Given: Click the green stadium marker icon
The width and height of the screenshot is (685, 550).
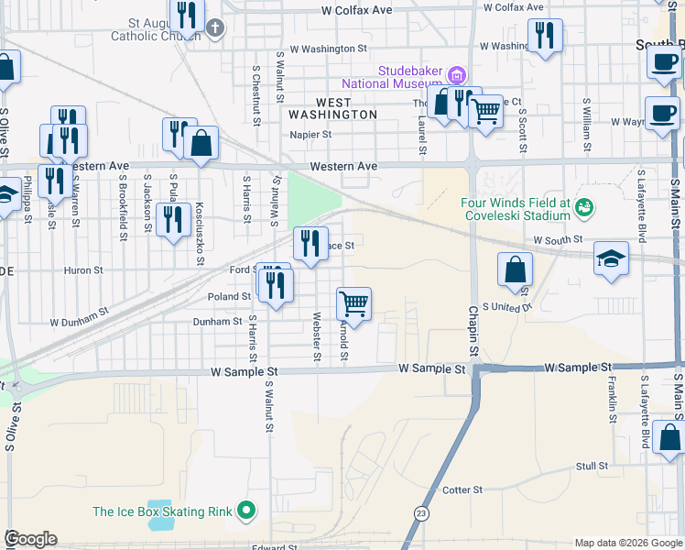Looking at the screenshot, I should tap(582, 209).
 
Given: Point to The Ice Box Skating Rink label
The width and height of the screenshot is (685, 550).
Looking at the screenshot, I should tap(163, 511).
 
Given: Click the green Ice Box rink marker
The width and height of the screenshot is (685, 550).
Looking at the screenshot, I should tap(245, 511).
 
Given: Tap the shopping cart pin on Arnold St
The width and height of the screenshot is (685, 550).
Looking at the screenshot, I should tap(353, 303).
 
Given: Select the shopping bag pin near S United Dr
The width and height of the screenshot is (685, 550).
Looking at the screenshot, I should tap(516, 269).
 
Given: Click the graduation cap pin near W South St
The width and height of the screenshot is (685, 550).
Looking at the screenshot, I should tap(611, 258).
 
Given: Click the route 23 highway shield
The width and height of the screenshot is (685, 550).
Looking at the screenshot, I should tap(421, 513).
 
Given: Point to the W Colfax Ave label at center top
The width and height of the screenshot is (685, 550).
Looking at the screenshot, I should tap(356, 10).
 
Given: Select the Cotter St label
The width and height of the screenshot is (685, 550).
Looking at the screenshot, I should tap(462, 490).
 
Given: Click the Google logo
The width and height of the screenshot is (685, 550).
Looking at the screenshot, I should tap(30, 539).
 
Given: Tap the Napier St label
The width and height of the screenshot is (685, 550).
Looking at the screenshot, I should tap(310, 134).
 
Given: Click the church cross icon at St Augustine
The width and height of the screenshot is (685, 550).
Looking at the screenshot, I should tap(215, 27).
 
